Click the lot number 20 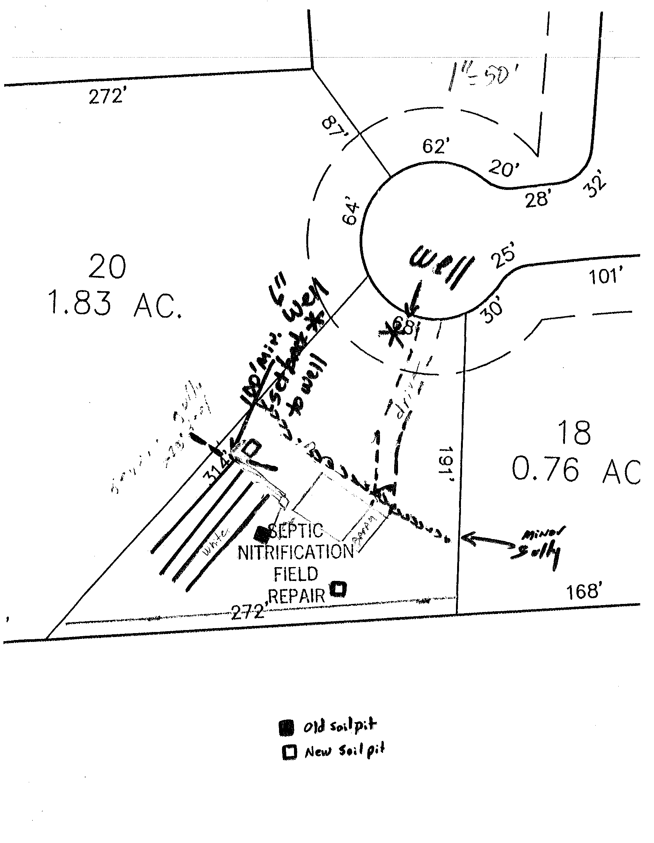[x=107, y=267]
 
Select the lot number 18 [x=574, y=433]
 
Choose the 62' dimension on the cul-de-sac [x=436, y=146]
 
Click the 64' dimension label [x=351, y=213]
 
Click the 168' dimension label [x=584, y=591]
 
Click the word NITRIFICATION [x=296, y=552]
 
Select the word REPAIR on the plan [x=297, y=596]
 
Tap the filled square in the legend [x=286, y=728]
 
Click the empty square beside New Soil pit [x=289, y=752]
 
